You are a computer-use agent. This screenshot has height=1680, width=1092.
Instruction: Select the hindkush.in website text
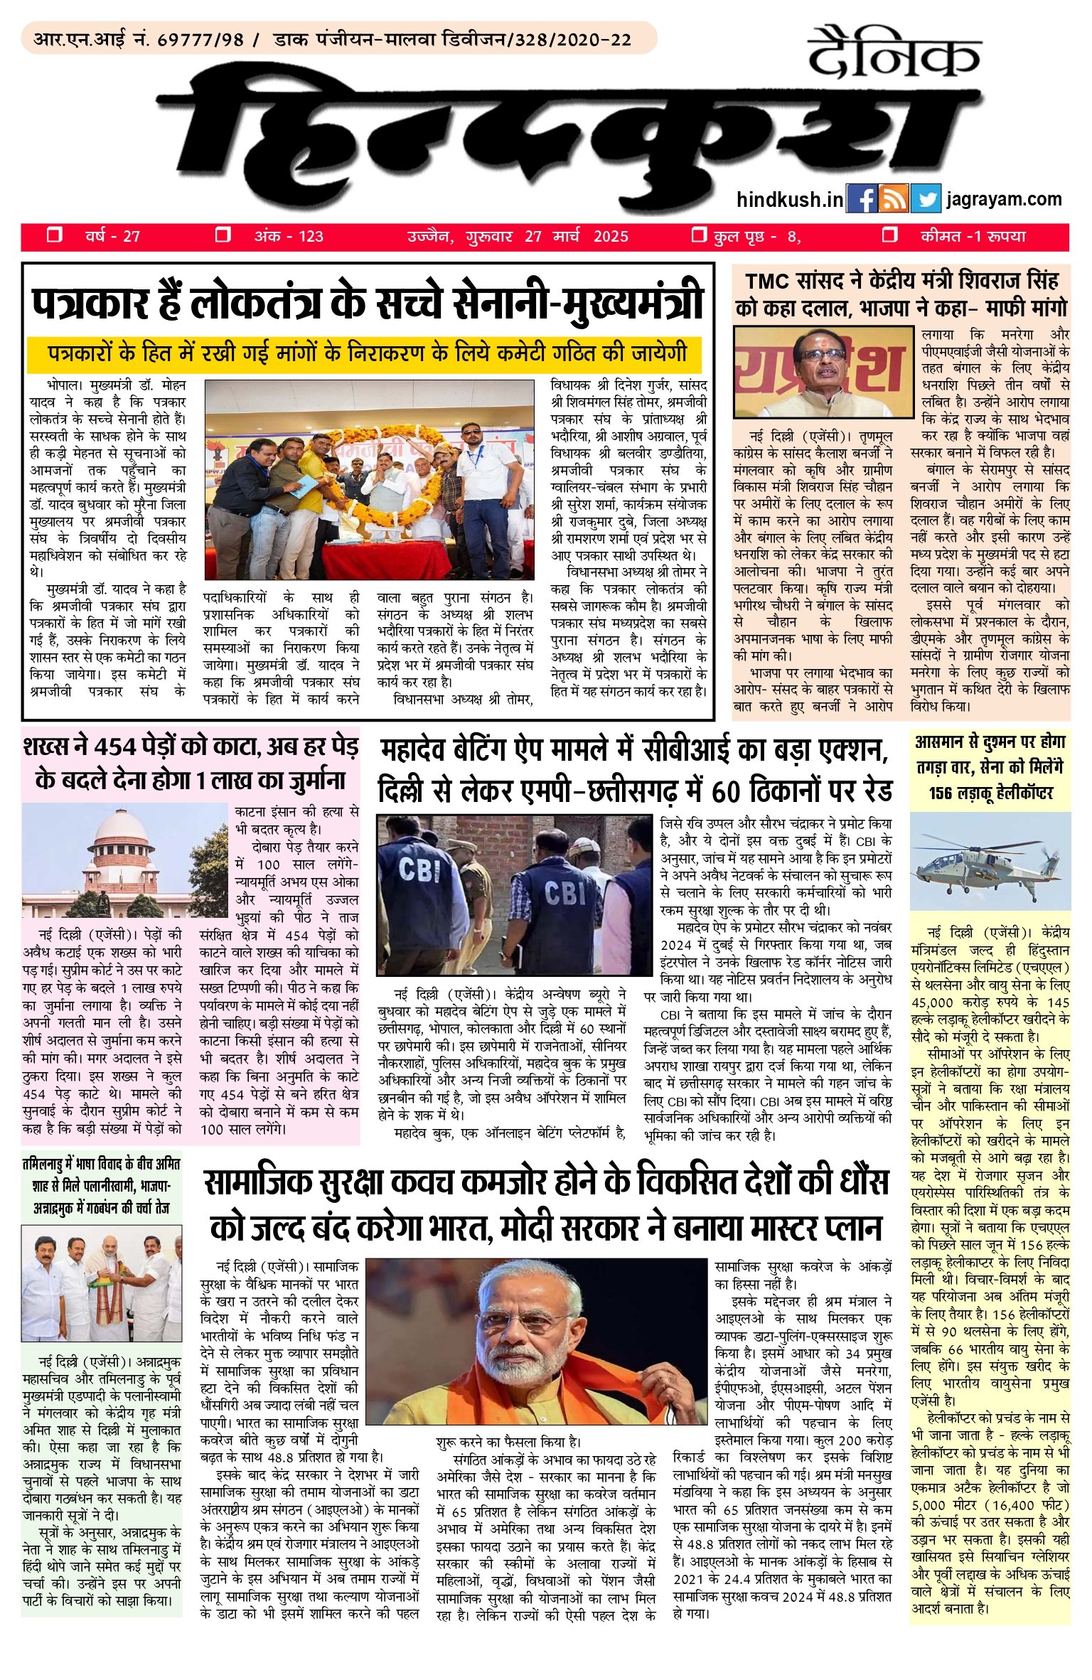pyautogui.click(x=789, y=200)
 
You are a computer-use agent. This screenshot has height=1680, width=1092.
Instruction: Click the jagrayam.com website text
pyautogui.click(x=1004, y=200)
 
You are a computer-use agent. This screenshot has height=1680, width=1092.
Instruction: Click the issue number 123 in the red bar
pyautogui.click(x=311, y=236)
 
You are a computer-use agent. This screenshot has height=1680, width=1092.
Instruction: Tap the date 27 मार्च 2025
pyautogui.click(x=576, y=236)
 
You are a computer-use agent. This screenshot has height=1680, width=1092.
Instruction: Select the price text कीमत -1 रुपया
pyautogui.click(x=973, y=236)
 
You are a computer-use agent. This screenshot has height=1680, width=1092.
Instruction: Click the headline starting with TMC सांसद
pyautogui.click(x=901, y=294)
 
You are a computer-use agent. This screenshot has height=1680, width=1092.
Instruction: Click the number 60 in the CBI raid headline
pyautogui.click(x=730, y=791)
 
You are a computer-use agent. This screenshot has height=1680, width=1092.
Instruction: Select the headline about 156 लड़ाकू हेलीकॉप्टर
pyautogui.click(x=990, y=766)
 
